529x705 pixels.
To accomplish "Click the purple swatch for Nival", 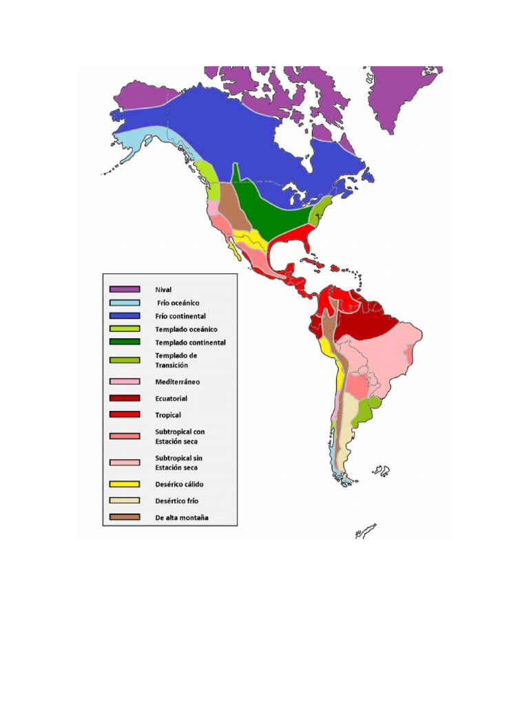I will [125, 289].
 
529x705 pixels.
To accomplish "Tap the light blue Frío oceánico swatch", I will [125, 303].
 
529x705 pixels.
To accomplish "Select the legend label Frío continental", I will [180, 316].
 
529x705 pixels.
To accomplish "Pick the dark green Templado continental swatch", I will [125, 342].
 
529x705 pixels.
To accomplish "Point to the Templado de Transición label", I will [176, 360].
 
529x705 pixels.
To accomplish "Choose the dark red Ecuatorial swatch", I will [125, 398].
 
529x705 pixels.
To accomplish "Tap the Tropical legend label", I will [168, 415].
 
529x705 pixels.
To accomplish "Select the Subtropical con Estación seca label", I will [180, 436].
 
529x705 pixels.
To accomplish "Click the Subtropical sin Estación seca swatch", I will [125, 462].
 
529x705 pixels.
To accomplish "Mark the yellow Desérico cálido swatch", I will [125, 484].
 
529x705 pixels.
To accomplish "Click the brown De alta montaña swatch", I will [125, 517].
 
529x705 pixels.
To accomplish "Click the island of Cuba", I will [310, 266].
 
